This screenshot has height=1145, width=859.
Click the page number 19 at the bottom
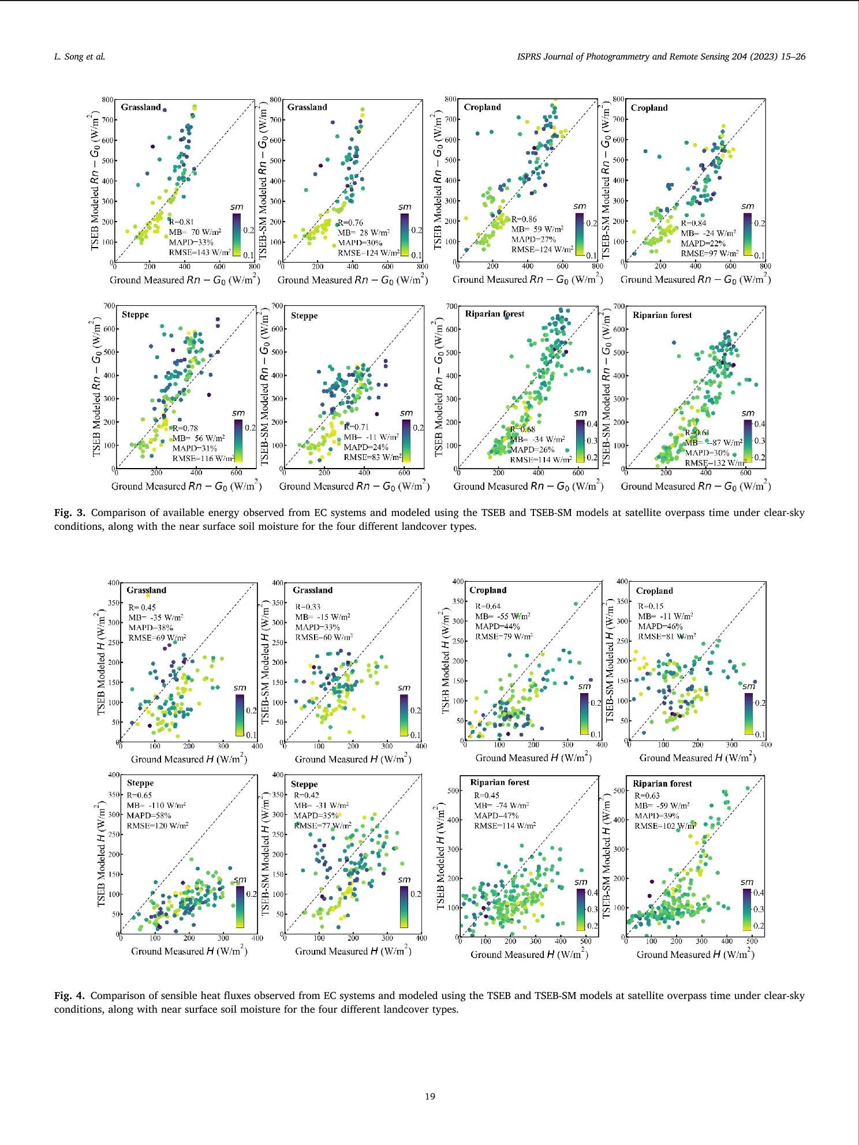pos(429,1097)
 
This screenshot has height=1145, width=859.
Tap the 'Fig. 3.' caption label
pos(70,512)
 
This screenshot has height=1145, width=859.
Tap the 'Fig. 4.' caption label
pos(70,996)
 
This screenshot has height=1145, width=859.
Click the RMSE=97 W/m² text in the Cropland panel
pos(709,253)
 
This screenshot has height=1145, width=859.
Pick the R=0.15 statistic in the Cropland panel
pos(651,606)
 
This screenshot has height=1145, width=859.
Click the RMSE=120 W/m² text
pos(158,826)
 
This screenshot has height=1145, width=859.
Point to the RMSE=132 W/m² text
pos(714,462)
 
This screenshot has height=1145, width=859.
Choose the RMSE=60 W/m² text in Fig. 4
pos(324,637)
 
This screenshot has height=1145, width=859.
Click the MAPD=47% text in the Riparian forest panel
pos(496,815)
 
